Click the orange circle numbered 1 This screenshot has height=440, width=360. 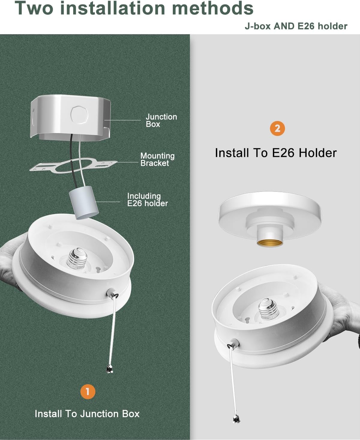(88, 392)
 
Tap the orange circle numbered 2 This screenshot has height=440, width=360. (277, 128)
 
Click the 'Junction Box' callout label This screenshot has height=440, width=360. (161, 120)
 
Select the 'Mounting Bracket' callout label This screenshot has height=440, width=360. (157, 159)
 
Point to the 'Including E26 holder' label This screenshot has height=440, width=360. (147, 200)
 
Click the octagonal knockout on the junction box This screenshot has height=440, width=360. (79, 115)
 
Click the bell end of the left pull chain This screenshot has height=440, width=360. (109, 369)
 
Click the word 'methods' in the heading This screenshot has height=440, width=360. (212, 8)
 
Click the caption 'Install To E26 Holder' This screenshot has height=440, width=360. (276, 153)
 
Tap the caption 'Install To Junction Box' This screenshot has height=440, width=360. (87, 414)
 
